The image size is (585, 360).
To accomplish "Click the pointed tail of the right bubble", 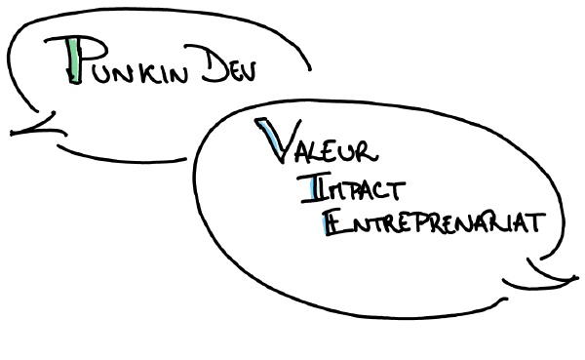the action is [570, 281].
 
